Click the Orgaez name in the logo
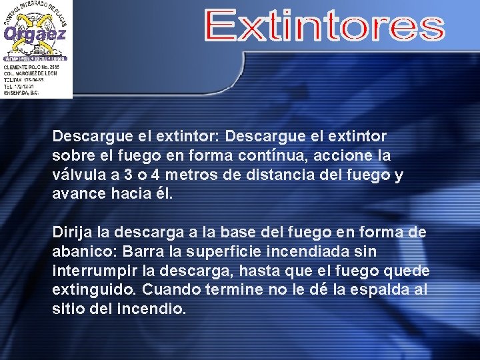35,33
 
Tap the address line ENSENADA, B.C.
21,93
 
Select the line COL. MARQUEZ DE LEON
31,73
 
